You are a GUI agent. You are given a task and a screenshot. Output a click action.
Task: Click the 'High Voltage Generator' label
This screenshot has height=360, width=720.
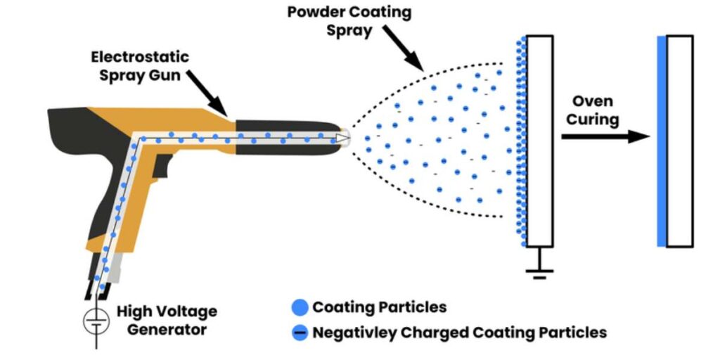click(167, 320)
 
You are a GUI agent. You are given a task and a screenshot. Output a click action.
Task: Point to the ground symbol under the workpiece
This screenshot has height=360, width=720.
click(540, 271)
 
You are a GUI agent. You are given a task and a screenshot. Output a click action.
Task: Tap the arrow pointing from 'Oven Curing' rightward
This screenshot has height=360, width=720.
click(605, 136)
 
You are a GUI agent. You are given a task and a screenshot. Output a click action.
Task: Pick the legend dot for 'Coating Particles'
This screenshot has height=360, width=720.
click(300, 307)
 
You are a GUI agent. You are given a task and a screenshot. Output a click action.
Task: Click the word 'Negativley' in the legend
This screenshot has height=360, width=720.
click(355, 332)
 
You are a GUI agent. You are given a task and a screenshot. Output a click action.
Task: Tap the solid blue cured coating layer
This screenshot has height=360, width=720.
click(662, 141)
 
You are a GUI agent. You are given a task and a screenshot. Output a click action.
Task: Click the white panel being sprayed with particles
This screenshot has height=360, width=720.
click(540, 141)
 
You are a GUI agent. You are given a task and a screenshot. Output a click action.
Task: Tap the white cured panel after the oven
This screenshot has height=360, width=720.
click(680, 141)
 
